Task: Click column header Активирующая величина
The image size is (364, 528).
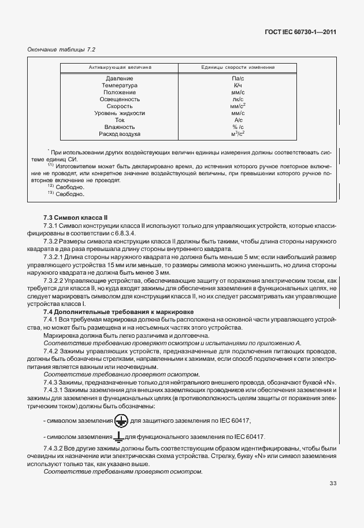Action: [120, 68]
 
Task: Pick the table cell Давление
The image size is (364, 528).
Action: [120, 78]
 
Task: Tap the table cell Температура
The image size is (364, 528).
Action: [120, 85]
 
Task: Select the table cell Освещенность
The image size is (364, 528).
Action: [120, 99]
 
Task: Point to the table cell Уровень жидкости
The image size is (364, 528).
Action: [120, 113]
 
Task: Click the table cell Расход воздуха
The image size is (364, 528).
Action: [120, 134]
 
